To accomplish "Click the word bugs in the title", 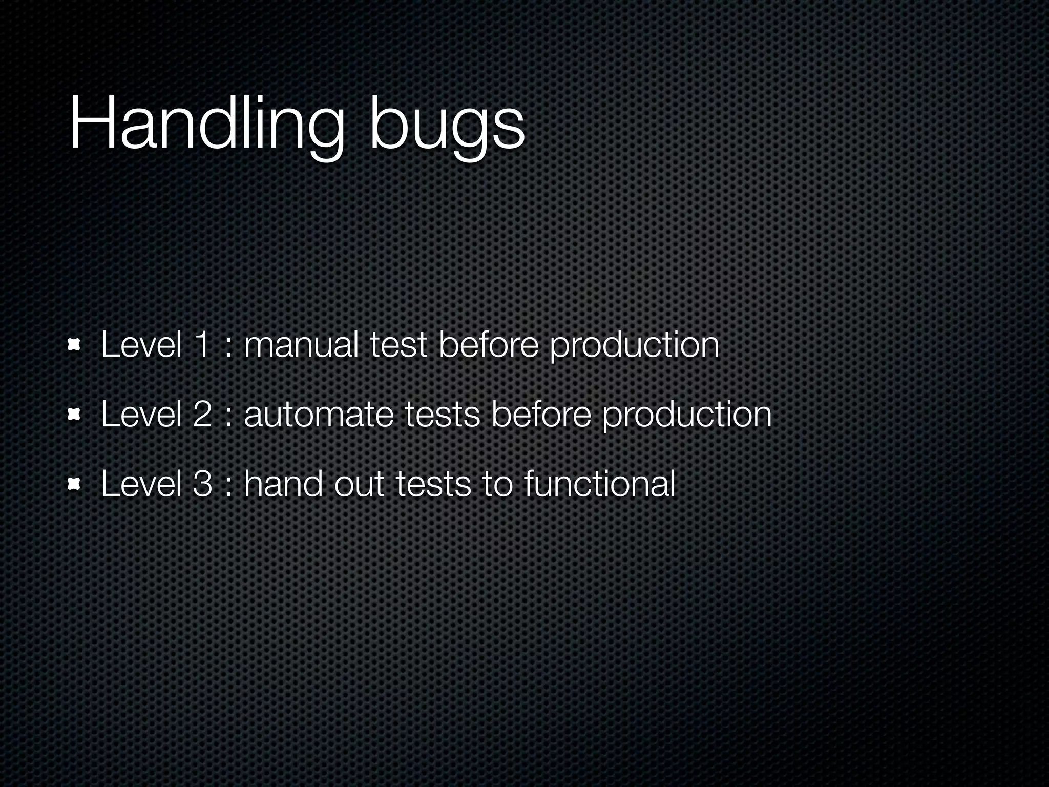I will click(447, 128).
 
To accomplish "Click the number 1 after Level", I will click(201, 344).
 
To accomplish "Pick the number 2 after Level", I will click(202, 414).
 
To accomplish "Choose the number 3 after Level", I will click(202, 484).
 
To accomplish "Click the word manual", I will click(301, 344).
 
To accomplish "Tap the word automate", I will click(318, 414).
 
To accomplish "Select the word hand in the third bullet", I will click(283, 484).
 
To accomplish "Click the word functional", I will click(599, 484).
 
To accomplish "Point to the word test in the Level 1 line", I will click(398, 344).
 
